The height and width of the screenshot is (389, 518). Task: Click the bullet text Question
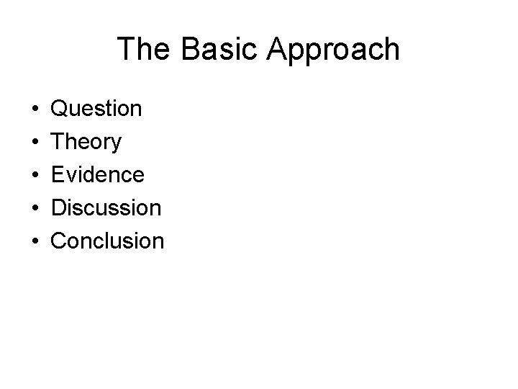click(97, 109)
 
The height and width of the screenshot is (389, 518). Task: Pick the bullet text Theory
click(86, 143)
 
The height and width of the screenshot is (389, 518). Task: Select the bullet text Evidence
click(98, 174)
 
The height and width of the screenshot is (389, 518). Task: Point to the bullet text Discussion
click(106, 207)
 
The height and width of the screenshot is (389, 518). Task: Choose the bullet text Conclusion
click(108, 241)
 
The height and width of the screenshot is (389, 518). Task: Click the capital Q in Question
click(60, 109)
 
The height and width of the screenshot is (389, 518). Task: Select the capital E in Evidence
click(58, 174)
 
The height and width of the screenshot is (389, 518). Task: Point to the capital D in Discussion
click(59, 207)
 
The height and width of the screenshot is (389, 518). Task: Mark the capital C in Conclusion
click(60, 241)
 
